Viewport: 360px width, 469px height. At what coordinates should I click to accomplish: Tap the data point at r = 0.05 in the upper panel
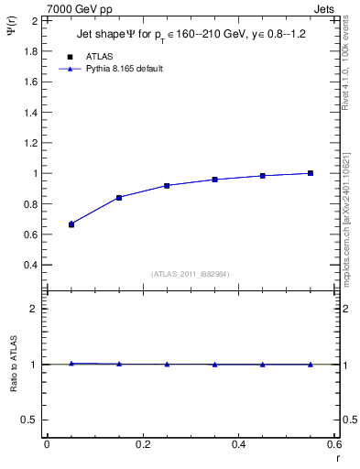click(x=71, y=224)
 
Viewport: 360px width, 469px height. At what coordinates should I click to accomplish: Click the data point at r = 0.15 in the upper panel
click(x=119, y=197)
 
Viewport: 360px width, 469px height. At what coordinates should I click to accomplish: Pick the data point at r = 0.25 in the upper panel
click(x=167, y=185)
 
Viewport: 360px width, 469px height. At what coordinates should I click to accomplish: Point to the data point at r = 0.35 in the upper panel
click(x=215, y=180)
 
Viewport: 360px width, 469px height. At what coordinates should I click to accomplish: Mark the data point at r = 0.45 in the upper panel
click(x=263, y=176)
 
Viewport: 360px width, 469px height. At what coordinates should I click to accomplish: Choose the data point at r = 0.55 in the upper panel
click(x=311, y=173)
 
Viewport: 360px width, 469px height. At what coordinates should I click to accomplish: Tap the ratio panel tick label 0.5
click(x=30, y=420)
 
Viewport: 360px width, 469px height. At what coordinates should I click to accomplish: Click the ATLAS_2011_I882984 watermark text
click(x=191, y=273)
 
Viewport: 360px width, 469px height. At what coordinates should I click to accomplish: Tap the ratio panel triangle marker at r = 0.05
click(x=71, y=363)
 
